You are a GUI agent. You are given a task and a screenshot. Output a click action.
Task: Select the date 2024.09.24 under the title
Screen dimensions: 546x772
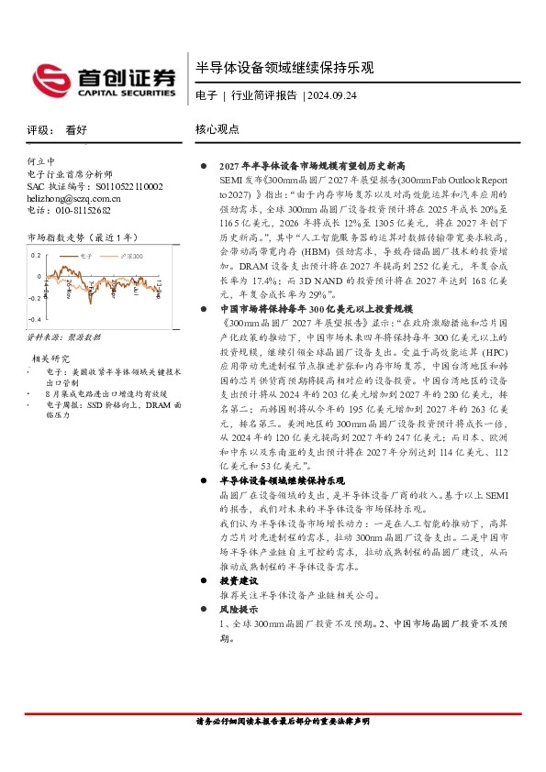(x=330, y=95)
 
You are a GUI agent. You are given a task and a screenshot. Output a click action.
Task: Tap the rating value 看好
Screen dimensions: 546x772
(x=76, y=130)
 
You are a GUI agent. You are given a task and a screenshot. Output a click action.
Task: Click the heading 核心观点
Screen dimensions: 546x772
(x=217, y=130)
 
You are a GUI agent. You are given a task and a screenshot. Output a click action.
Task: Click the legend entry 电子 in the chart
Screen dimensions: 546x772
(x=88, y=256)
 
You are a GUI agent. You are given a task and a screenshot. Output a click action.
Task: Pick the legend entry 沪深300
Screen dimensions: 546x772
(x=131, y=256)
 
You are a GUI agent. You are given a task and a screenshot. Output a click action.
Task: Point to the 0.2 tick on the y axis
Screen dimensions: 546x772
(x=36, y=256)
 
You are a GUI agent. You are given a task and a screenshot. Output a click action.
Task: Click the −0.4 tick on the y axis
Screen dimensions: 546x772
(x=34, y=318)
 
